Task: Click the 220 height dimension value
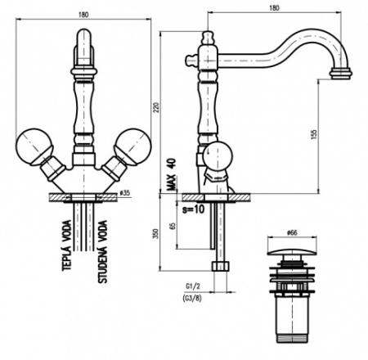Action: point(156,108)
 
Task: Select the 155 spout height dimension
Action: point(314,135)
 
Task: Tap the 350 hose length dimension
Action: point(156,234)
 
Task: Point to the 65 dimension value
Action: point(173,226)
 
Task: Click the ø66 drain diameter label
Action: point(292,232)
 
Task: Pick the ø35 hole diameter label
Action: point(125,193)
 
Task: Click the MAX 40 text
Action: point(172,174)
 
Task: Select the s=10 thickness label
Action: point(193,209)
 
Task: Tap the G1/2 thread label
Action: point(193,286)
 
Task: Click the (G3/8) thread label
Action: point(192,299)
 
